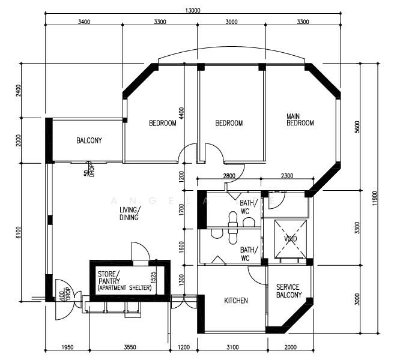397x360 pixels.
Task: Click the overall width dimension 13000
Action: [x=193, y=9]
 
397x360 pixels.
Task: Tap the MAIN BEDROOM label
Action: [x=300, y=119]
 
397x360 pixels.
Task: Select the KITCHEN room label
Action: [x=236, y=301]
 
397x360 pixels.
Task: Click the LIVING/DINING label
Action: [x=129, y=213]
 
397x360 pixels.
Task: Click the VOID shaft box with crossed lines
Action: [x=290, y=238]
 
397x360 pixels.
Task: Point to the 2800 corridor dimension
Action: [x=229, y=175]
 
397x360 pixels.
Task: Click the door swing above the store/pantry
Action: [x=139, y=251]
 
